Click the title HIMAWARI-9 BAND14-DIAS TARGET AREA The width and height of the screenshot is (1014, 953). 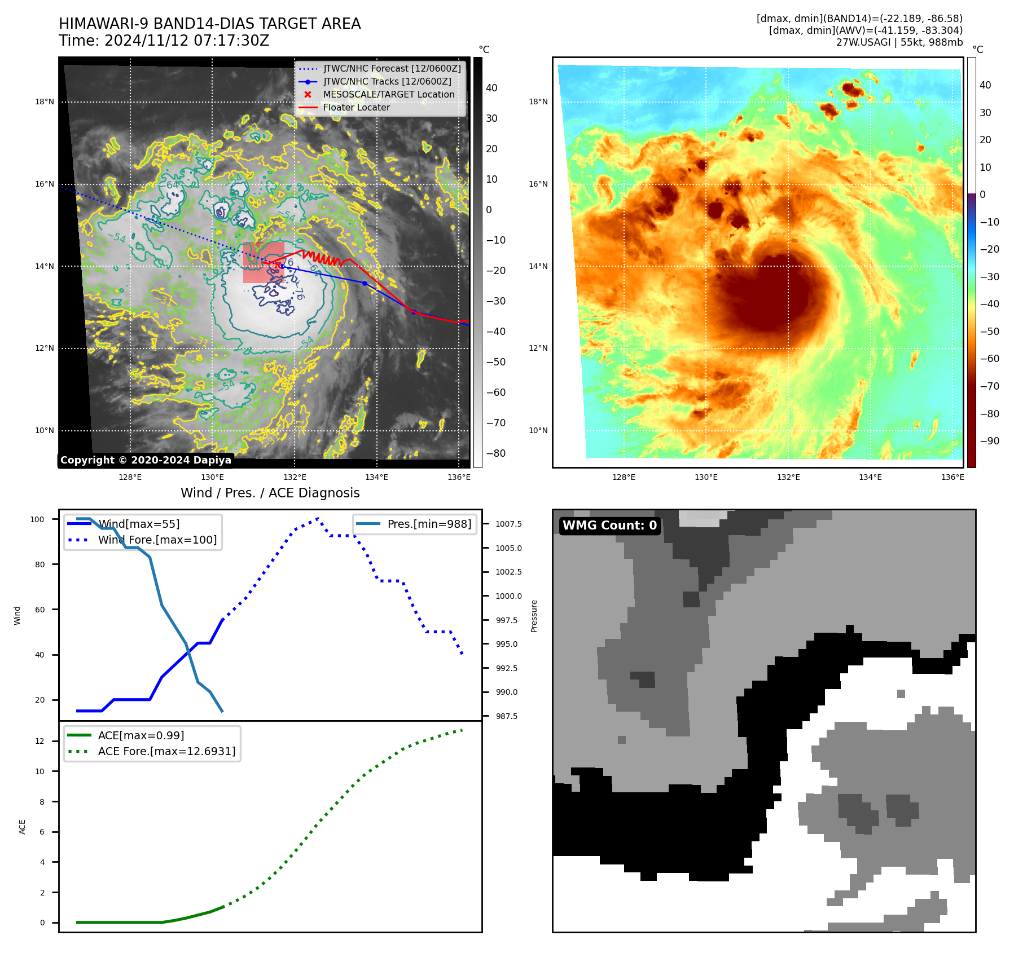pos(209,24)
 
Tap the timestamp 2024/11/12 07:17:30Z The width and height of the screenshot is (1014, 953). pos(187,41)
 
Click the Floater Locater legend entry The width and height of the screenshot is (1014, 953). pos(356,107)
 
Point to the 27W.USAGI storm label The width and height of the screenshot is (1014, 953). pos(899,42)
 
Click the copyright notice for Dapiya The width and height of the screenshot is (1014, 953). pos(146,460)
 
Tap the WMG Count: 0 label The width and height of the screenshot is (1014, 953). pos(609,526)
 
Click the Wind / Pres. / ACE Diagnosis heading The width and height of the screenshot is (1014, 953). pos(270,493)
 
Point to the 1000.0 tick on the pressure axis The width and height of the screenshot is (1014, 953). pos(508,596)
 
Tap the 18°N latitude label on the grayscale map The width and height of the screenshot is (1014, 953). pos(45,102)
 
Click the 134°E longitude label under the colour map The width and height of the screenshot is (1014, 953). pos(870,477)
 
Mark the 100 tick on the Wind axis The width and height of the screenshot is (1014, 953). pos(37,519)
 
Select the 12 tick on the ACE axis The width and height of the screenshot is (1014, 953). pos(39,741)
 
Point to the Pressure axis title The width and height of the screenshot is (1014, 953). pos(534,616)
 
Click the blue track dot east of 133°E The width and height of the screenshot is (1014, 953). pos(365,283)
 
